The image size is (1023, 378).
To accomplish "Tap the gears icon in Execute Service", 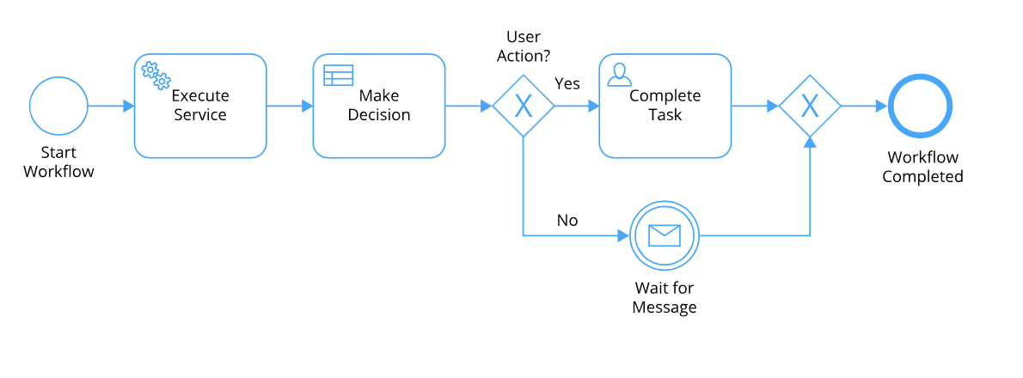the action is coord(156,76).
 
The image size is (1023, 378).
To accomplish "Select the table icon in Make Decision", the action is coord(338,75).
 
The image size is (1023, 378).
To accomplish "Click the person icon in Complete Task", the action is coord(619,75).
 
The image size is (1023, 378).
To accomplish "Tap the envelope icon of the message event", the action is coord(665,235).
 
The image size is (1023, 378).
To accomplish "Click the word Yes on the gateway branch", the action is coord(567,83).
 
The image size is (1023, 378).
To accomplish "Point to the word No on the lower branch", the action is coord(567,220).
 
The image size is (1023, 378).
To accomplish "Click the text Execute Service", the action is coord(200,105).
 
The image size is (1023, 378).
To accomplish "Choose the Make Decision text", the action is coord(379,105).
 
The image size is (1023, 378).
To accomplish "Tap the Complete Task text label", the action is coord(665,105).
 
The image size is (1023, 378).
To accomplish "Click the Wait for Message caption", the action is coord(665,297).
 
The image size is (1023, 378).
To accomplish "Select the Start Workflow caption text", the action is coord(58,162).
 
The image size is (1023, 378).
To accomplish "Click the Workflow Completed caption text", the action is coord(922,167).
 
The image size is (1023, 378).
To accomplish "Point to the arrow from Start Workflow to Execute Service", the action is coord(111,106).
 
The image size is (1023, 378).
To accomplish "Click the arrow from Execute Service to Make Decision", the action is coord(290,106).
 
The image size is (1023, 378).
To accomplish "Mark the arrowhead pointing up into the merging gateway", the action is coord(810,142).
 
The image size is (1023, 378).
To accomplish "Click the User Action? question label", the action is coord(524,46).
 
